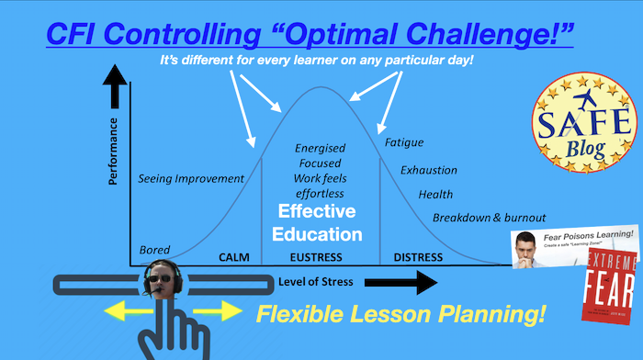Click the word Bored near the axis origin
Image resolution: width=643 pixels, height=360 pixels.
point(154,250)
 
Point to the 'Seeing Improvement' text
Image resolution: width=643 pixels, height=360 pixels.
point(191,178)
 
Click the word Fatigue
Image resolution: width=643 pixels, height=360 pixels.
point(404,143)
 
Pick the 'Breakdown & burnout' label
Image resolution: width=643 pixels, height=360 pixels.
point(490,218)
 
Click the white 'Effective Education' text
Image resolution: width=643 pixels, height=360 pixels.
point(320,222)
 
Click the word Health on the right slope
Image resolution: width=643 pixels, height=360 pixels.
point(435,194)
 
